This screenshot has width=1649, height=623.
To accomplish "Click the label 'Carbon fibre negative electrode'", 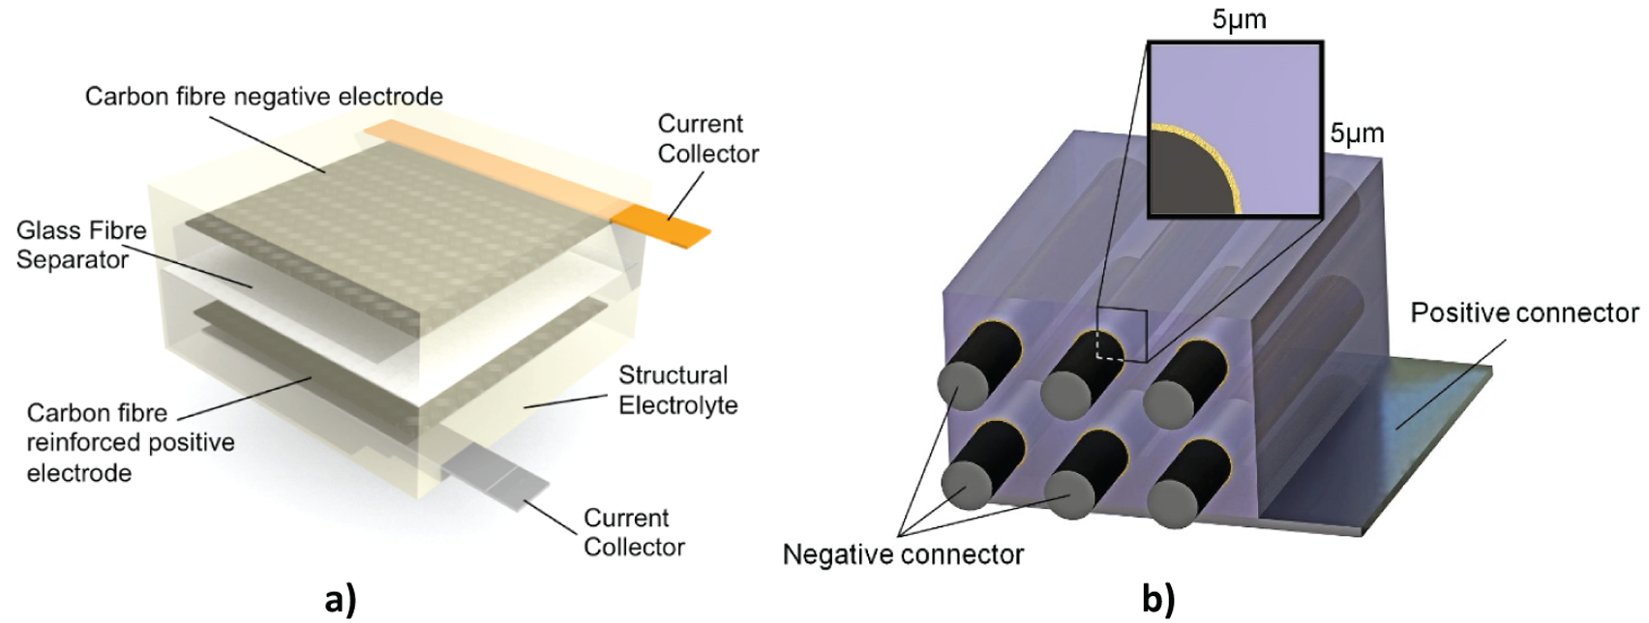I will [x=263, y=97].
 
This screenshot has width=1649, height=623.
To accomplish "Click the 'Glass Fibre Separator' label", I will [x=81, y=245].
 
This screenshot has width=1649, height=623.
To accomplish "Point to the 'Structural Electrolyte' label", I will [x=676, y=390].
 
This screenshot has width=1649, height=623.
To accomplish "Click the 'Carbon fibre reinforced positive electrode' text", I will [x=130, y=442].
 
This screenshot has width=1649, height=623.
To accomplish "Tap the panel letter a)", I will [x=341, y=600].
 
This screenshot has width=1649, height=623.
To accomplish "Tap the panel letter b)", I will [x=1157, y=600].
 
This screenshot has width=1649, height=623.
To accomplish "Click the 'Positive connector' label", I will [x=1524, y=313].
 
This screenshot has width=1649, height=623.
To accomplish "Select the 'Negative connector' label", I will [x=902, y=554].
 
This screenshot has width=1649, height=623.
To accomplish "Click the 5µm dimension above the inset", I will [x=1239, y=18].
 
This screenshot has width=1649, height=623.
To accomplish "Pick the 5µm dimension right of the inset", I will [x=1357, y=133].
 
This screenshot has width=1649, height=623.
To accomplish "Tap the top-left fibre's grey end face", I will [x=961, y=383].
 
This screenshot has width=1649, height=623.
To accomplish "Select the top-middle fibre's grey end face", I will [x=1065, y=391].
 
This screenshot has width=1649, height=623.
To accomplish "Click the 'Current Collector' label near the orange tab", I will [x=707, y=138].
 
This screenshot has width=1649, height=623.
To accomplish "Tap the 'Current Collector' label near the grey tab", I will [x=633, y=532].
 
